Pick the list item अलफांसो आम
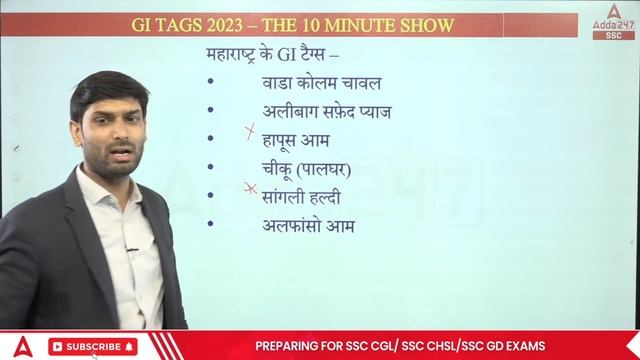click(x=302, y=226)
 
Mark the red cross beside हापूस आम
click(x=250, y=134)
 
